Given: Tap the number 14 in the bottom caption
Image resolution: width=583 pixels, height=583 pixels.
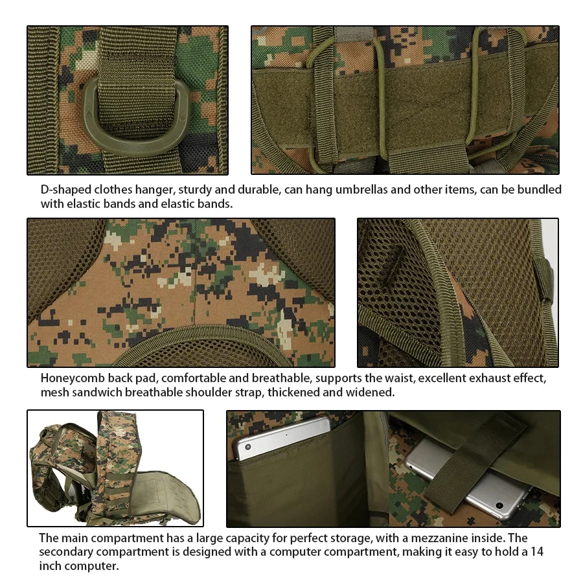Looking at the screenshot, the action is (x=537, y=551).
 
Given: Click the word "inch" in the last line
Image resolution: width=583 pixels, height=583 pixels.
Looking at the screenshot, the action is (x=51, y=566).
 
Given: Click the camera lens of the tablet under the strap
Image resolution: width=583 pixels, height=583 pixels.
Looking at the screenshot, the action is (x=499, y=505).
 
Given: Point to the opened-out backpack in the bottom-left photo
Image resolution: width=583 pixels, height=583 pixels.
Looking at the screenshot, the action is (x=115, y=468).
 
